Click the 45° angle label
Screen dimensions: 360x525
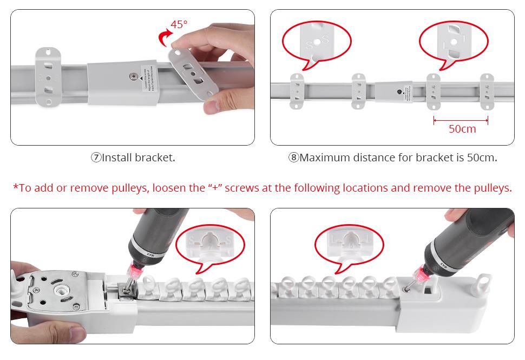[x=179, y=24]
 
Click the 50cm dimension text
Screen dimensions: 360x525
[x=462, y=129]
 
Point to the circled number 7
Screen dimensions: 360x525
[x=96, y=158]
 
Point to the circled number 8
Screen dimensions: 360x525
[x=293, y=158]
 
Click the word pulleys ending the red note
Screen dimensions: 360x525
[x=491, y=188]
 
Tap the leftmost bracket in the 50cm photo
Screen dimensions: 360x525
[x=298, y=91]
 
